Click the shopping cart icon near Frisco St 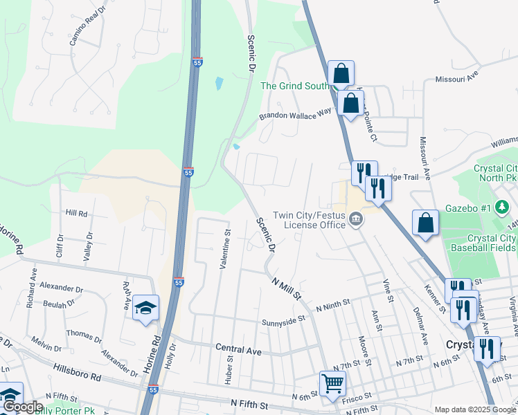[x=332, y=383]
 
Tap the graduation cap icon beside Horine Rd [x=145, y=307]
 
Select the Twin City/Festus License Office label [x=309, y=220]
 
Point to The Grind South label [x=294, y=86]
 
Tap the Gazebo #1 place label [x=472, y=208]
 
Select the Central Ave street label [x=238, y=351]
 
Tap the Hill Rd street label [x=76, y=214]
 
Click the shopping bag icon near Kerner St [x=426, y=223]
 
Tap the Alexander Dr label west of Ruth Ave [x=62, y=286]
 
